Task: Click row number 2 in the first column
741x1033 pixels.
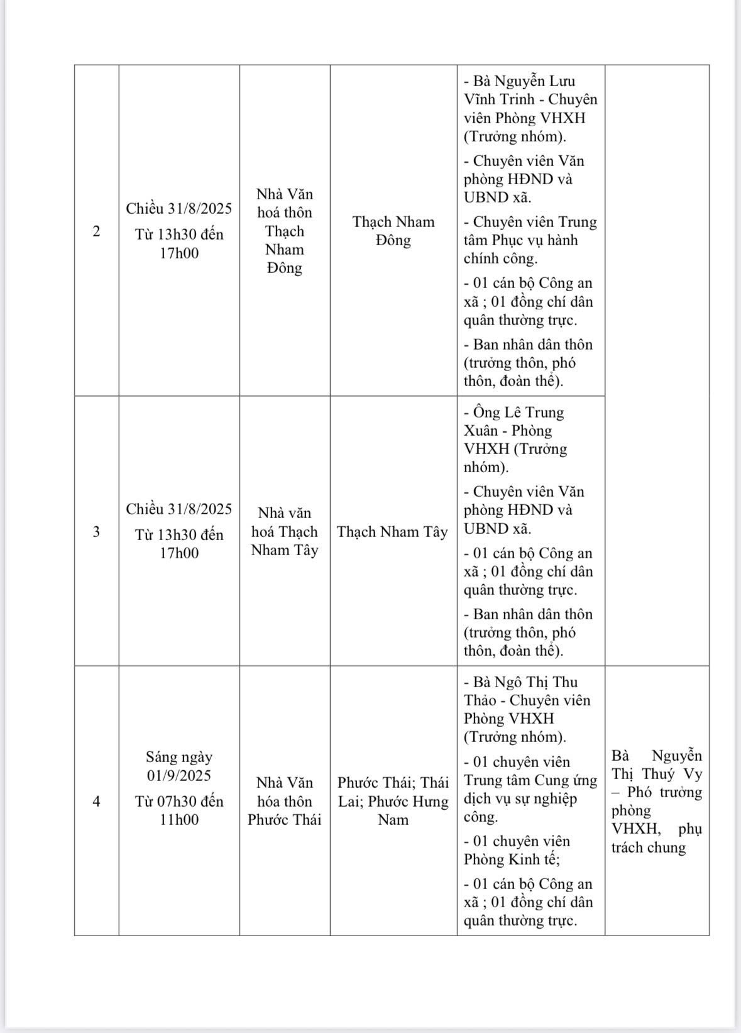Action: (96, 231)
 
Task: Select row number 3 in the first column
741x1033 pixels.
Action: (96, 532)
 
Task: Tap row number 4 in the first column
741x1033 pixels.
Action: (96, 802)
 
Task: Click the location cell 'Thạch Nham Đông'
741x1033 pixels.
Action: (393, 231)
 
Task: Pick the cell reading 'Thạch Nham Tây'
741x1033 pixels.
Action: (393, 532)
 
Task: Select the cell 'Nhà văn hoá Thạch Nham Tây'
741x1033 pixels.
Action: (285, 531)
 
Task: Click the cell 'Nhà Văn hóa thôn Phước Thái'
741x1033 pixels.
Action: (285, 801)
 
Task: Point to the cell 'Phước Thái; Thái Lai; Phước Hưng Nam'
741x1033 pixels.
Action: (393, 801)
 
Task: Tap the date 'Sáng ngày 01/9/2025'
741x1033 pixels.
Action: (179, 766)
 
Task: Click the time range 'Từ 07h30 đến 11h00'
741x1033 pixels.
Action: (179, 810)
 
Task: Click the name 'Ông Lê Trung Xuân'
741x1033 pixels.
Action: (513, 421)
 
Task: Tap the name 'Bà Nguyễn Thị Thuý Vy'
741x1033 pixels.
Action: (657, 765)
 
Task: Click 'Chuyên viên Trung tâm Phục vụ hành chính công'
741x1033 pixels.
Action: (530, 240)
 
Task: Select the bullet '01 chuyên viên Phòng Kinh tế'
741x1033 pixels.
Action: (517, 850)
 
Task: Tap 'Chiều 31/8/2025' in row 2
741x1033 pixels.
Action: (179, 209)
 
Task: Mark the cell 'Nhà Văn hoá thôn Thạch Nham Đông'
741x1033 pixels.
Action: (285, 231)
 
